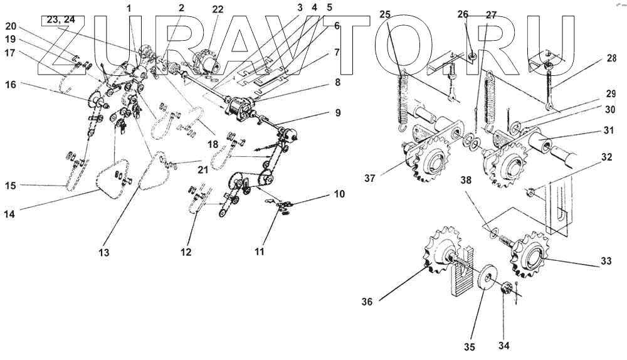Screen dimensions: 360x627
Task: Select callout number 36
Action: point(367,302)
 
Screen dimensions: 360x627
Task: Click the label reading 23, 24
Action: point(58,20)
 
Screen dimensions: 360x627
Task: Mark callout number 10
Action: point(339,194)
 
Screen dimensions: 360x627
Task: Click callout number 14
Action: point(9,213)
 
